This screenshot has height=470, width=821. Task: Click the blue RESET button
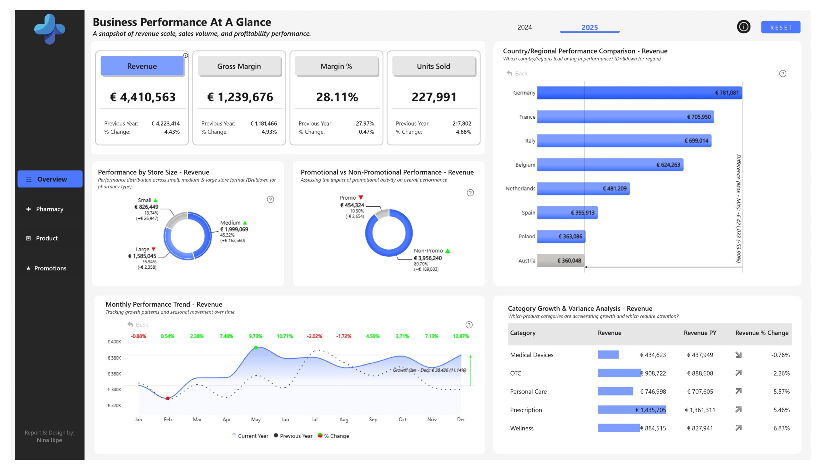[x=780, y=28]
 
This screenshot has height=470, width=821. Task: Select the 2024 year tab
[x=524, y=28]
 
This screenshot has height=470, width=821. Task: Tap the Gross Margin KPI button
[x=239, y=66]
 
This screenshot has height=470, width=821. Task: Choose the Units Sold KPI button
[x=433, y=66]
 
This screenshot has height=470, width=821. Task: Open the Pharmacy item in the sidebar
[x=49, y=209]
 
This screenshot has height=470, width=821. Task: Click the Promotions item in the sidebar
[x=50, y=268]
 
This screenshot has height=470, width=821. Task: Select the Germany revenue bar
[x=639, y=93]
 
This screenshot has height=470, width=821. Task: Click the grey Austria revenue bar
[x=561, y=260]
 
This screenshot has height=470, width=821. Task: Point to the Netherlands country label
[x=520, y=188]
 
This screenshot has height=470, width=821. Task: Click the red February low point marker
[x=168, y=398]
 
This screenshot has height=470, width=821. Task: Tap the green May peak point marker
[x=256, y=348]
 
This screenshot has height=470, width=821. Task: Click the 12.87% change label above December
[x=461, y=336]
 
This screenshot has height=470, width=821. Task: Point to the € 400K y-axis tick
[x=114, y=342]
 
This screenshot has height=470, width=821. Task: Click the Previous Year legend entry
[x=293, y=436]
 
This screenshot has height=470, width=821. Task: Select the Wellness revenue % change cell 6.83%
[x=781, y=428]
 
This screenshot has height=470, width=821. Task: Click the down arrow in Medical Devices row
[x=738, y=355]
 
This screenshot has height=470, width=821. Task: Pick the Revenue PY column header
[x=700, y=333]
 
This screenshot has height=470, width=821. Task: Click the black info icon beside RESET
[x=743, y=27]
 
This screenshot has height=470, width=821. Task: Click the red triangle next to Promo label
[x=361, y=198]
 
